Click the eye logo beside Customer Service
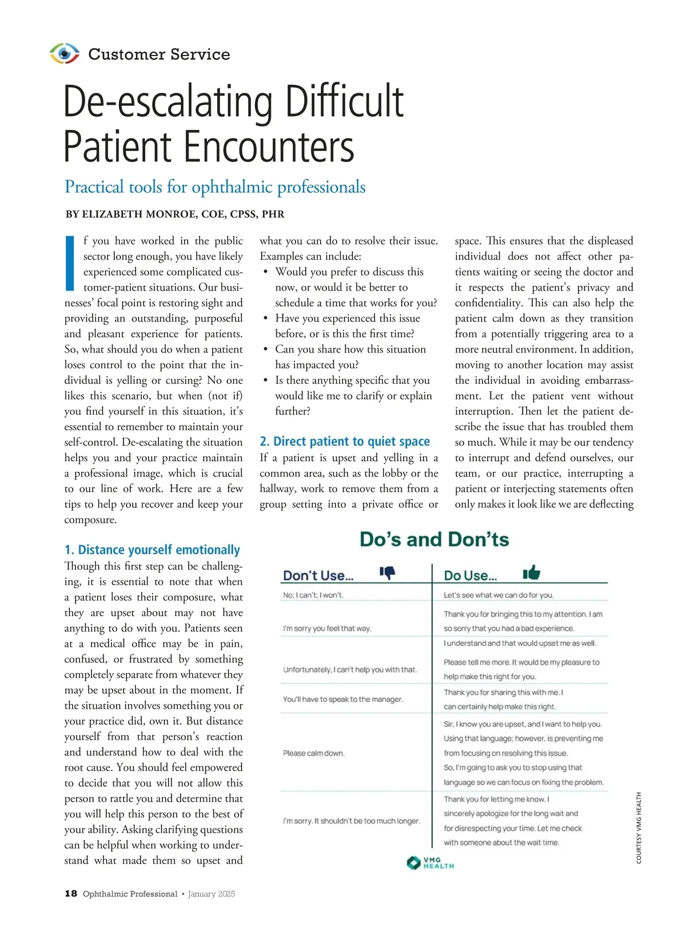[x=65, y=54]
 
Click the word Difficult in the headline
[x=344, y=102]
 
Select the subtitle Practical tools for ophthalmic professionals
[x=215, y=187]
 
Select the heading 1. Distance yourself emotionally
[x=152, y=550]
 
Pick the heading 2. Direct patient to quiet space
[x=345, y=441]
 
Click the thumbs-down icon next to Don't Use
[x=388, y=573]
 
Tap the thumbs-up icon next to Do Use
[x=532, y=573]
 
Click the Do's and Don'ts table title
[x=434, y=539]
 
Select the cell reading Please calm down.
[x=314, y=753]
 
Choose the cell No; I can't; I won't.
[x=313, y=595]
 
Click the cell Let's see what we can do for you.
[x=498, y=595]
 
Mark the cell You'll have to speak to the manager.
[x=343, y=699]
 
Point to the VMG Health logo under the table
[x=430, y=863]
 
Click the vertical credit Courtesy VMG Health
[x=639, y=827]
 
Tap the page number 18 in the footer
[x=71, y=894]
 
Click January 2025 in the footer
[x=211, y=894]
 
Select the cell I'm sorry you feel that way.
[x=327, y=628]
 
